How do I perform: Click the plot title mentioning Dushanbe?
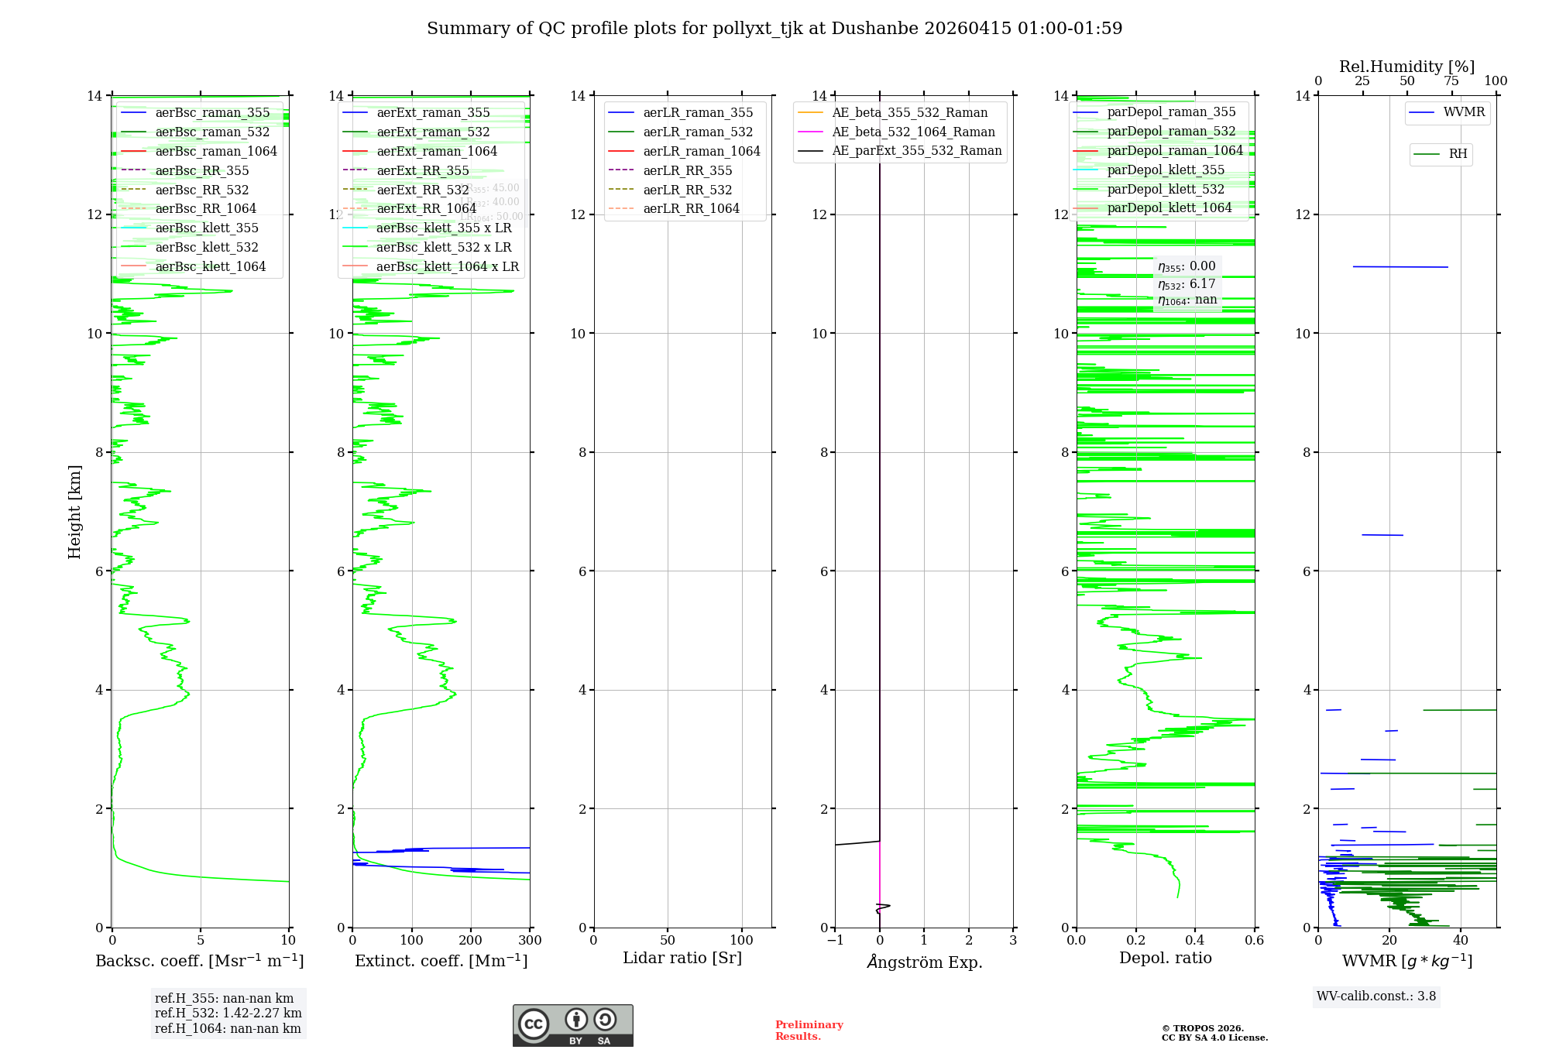coord(774,29)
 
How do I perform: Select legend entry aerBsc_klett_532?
coord(206,248)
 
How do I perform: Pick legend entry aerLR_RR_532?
coord(687,190)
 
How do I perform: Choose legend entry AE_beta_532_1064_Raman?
coord(913,132)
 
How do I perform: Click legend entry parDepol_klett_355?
coord(1166,170)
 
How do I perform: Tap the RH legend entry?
coord(1458,154)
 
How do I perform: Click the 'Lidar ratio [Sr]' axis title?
coord(682,959)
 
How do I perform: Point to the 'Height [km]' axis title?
coord(74,512)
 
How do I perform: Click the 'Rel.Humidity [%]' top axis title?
coord(1406,67)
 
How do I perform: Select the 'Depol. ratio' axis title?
coord(1165,959)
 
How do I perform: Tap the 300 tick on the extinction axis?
coord(531,941)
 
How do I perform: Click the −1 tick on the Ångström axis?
coord(834,941)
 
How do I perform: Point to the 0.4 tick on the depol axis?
coord(1195,941)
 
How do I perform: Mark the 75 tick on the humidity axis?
coord(1451,81)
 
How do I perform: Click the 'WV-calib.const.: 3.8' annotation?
coord(1376,996)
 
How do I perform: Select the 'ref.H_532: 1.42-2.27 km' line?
coord(228,1014)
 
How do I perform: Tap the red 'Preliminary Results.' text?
coord(809,1031)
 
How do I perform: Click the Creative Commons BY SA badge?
coord(572,1026)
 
